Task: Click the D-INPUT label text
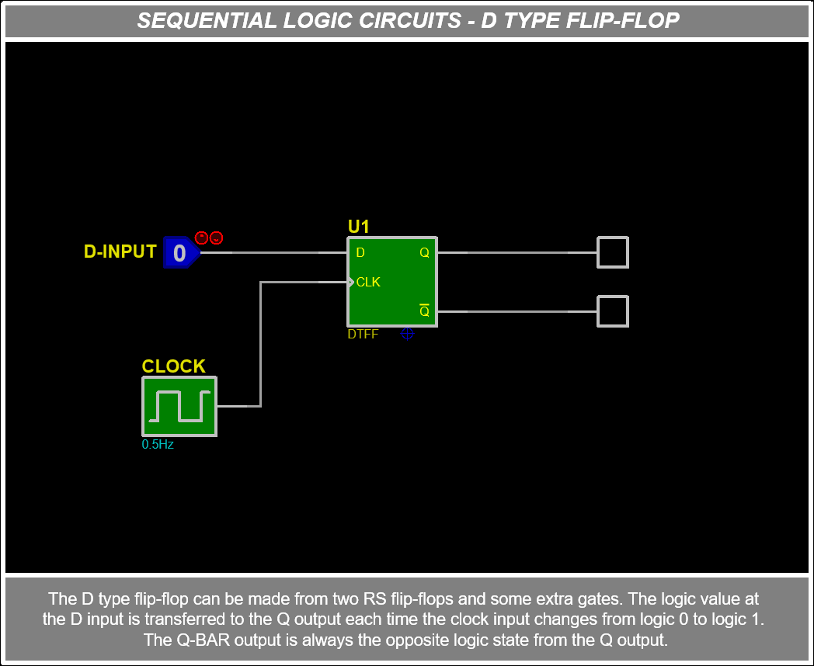click(x=120, y=251)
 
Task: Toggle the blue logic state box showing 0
click(x=179, y=252)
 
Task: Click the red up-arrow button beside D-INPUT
click(x=201, y=238)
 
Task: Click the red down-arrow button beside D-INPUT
click(x=217, y=238)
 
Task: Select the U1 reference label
click(x=358, y=227)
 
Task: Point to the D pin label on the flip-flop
click(x=360, y=253)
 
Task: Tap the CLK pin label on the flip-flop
click(x=368, y=282)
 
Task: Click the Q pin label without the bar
click(x=424, y=253)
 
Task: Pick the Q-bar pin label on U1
click(x=424, y=311)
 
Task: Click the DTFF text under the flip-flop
click(x=363, y=335)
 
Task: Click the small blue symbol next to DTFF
click(x=407, y=334)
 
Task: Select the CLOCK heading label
click(x=173, y=366)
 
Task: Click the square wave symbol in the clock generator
click(x=179, y=406)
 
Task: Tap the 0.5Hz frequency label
click(x=158, y=445)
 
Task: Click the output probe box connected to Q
click(x=612, y=252)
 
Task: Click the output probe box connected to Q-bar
click(x=612, y=311)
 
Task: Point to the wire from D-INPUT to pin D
click(x=272, y=252)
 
